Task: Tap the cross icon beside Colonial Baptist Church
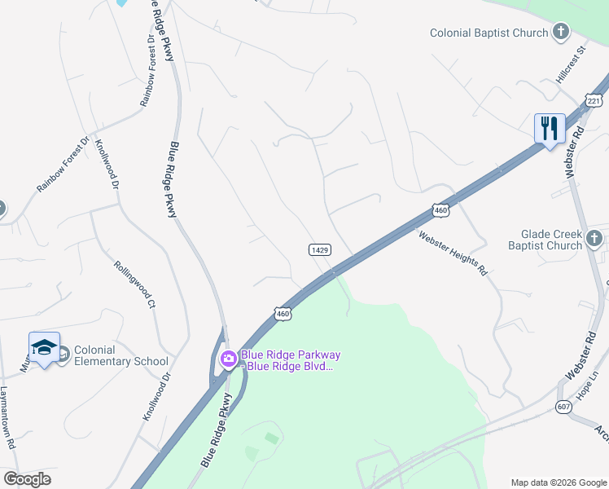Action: [560, 33]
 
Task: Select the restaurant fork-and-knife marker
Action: [550, 129]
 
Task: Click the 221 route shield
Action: [592, 99]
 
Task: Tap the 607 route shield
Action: [564, 406]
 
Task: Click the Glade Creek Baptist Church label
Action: [545, 240]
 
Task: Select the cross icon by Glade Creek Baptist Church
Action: [595, 240]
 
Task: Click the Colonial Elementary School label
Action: [120, 355]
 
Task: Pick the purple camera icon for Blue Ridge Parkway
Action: [229, 358]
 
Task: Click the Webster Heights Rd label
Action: [453, 253]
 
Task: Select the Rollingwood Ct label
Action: [134, 285]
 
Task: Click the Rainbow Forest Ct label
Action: [147, 71]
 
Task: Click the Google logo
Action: [27, 479]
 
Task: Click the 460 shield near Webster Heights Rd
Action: [440, 210]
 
